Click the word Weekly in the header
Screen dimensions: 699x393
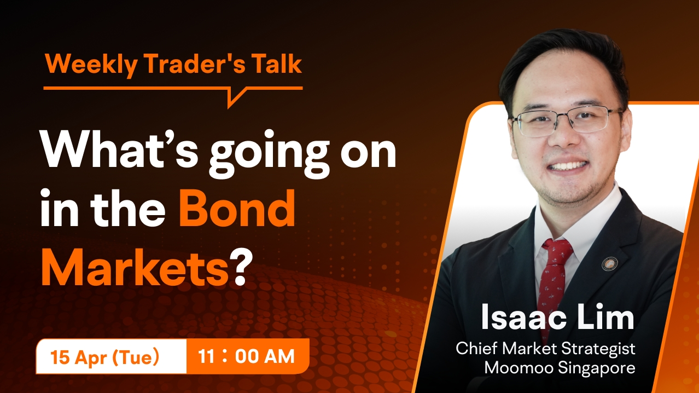pyautogui.click(x=91, y=65)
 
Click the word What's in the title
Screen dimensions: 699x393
pyautogui.click(x=119, y=151)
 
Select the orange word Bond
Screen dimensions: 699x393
pyautogui.click(x=237, y=208)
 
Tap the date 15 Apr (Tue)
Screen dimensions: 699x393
pyautogui.click(x=105, y=357)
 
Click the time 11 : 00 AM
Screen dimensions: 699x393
pyautogui.click(x=247, y=356)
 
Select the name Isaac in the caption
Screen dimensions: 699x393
pyautogui.click(x=523, y=317)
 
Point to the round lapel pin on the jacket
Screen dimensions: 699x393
pyautogui.click(x=609, y=264)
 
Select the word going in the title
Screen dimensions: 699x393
pyautogui.click(x=269, y=155)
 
